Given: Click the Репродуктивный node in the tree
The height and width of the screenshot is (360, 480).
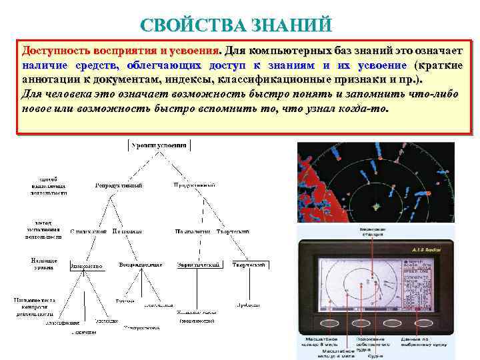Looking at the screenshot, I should (119, 185).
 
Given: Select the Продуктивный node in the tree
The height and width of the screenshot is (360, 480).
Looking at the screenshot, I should (193, 185).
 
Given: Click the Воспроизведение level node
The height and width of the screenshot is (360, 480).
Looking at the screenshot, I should (141, 265).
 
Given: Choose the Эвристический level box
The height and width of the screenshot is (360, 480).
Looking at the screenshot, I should (198, 265).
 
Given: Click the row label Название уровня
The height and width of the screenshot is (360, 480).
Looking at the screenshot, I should (44, 263).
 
